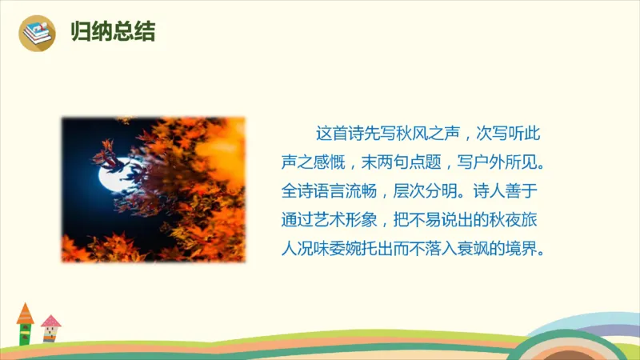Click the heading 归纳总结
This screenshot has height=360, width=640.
click(113, 33)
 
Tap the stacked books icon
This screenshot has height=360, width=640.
click(37, 34)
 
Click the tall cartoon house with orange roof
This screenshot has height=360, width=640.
click(26, 324)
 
